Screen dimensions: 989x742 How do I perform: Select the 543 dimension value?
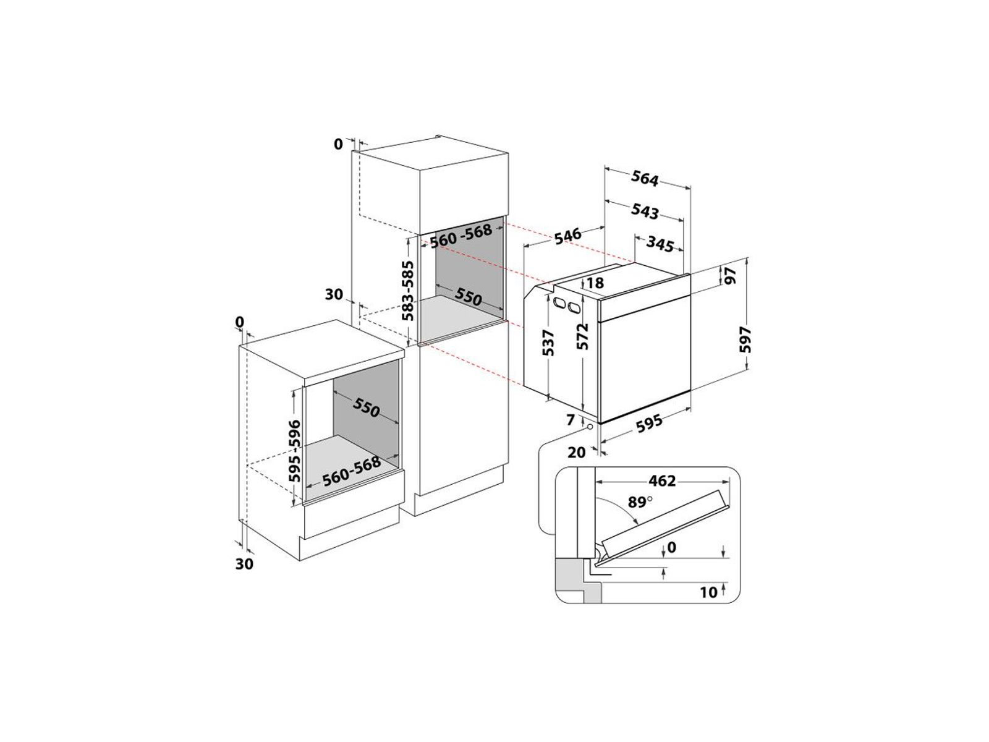point(645,211)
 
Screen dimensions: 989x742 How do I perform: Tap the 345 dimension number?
point(660,244)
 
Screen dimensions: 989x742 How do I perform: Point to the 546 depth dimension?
point(567,236)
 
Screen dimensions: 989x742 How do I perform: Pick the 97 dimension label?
point(730,275)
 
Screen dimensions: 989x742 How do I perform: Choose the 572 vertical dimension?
point(583,336)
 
